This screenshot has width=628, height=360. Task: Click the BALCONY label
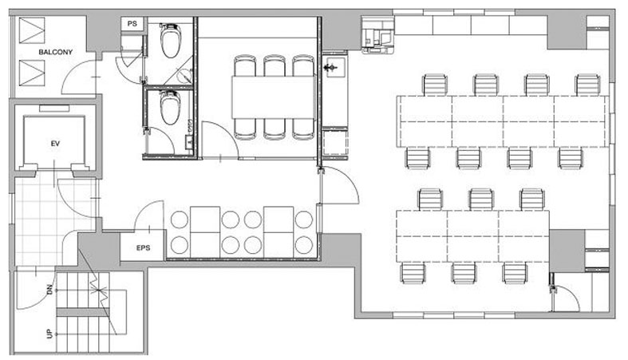coord(55,52)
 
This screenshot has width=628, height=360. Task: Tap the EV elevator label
coord(55,143)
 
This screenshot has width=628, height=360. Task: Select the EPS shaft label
coord(143,248)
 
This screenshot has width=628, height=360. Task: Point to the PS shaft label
coord(132,24)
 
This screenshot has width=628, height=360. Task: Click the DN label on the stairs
coord(49,289)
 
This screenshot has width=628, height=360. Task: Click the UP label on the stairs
coord(49,334)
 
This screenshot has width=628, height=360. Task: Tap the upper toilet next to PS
coord(171,41)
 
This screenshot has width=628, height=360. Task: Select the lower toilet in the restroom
coord(171,107)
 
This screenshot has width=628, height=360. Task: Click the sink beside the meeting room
coord(334,67)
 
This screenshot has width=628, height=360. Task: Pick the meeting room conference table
coord(274,97)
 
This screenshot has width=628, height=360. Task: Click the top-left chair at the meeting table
coord(245,65)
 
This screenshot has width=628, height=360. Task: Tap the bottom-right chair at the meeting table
coord(303,129)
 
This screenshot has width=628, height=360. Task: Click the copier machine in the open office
coord(378,35)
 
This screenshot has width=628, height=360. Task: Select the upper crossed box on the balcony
coord(32,30)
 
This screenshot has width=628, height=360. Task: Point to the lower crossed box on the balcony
coord(32,73)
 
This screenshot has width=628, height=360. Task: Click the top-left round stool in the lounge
coord(179,220)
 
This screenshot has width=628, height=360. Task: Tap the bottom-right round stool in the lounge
coord(303,245)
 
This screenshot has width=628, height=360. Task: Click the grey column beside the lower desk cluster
coord(567,251)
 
